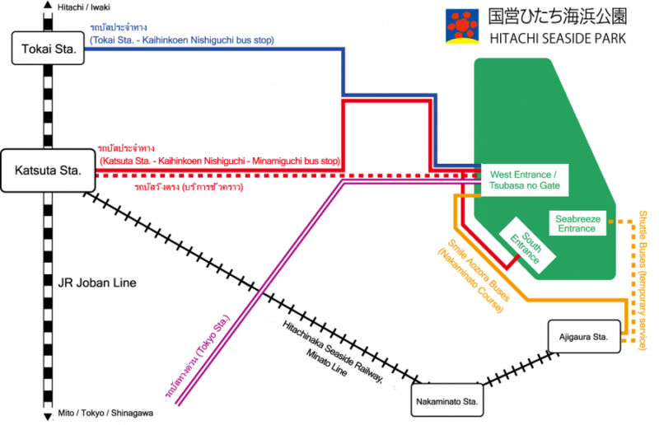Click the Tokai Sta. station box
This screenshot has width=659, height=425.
(49, 49)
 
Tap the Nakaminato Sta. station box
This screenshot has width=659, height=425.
(446, 401)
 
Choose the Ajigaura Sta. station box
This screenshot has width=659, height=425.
(584, 337)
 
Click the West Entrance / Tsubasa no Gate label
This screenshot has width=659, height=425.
(525, 180)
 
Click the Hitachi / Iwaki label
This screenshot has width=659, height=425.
(85, 7)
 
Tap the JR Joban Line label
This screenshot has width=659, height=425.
(96, 283)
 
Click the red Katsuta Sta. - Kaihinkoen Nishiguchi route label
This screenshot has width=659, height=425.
(219, 155)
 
